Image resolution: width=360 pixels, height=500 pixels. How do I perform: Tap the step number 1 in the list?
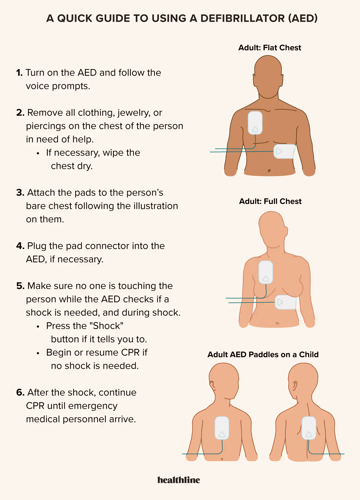(x=19, y=73)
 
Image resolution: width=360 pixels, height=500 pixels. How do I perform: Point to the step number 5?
(x=20, y=285)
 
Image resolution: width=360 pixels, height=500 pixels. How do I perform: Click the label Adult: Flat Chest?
(x=269, y=47)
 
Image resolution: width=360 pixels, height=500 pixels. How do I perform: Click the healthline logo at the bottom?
(x=180, y=479)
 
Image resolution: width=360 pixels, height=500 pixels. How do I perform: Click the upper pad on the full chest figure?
(x=265, y=271)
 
